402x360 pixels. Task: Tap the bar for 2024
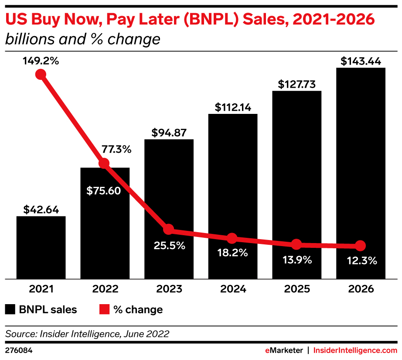coord(233,196)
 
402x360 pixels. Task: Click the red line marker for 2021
coord(41,74)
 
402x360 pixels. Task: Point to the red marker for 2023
coord(168,230)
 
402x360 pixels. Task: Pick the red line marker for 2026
coord(360,246)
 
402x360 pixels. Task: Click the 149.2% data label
coord(41,61)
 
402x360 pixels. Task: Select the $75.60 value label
coord(105,190)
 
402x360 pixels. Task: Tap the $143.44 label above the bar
coord(361,61)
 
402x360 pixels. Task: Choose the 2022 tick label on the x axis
coord(105,289)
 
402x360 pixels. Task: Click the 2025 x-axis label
coord(296,289)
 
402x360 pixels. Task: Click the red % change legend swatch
coord(103,310)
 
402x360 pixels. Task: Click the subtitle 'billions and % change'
coord(82,40)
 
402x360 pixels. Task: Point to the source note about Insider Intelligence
coord(87,334)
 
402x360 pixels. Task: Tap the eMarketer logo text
coord(284,350)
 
